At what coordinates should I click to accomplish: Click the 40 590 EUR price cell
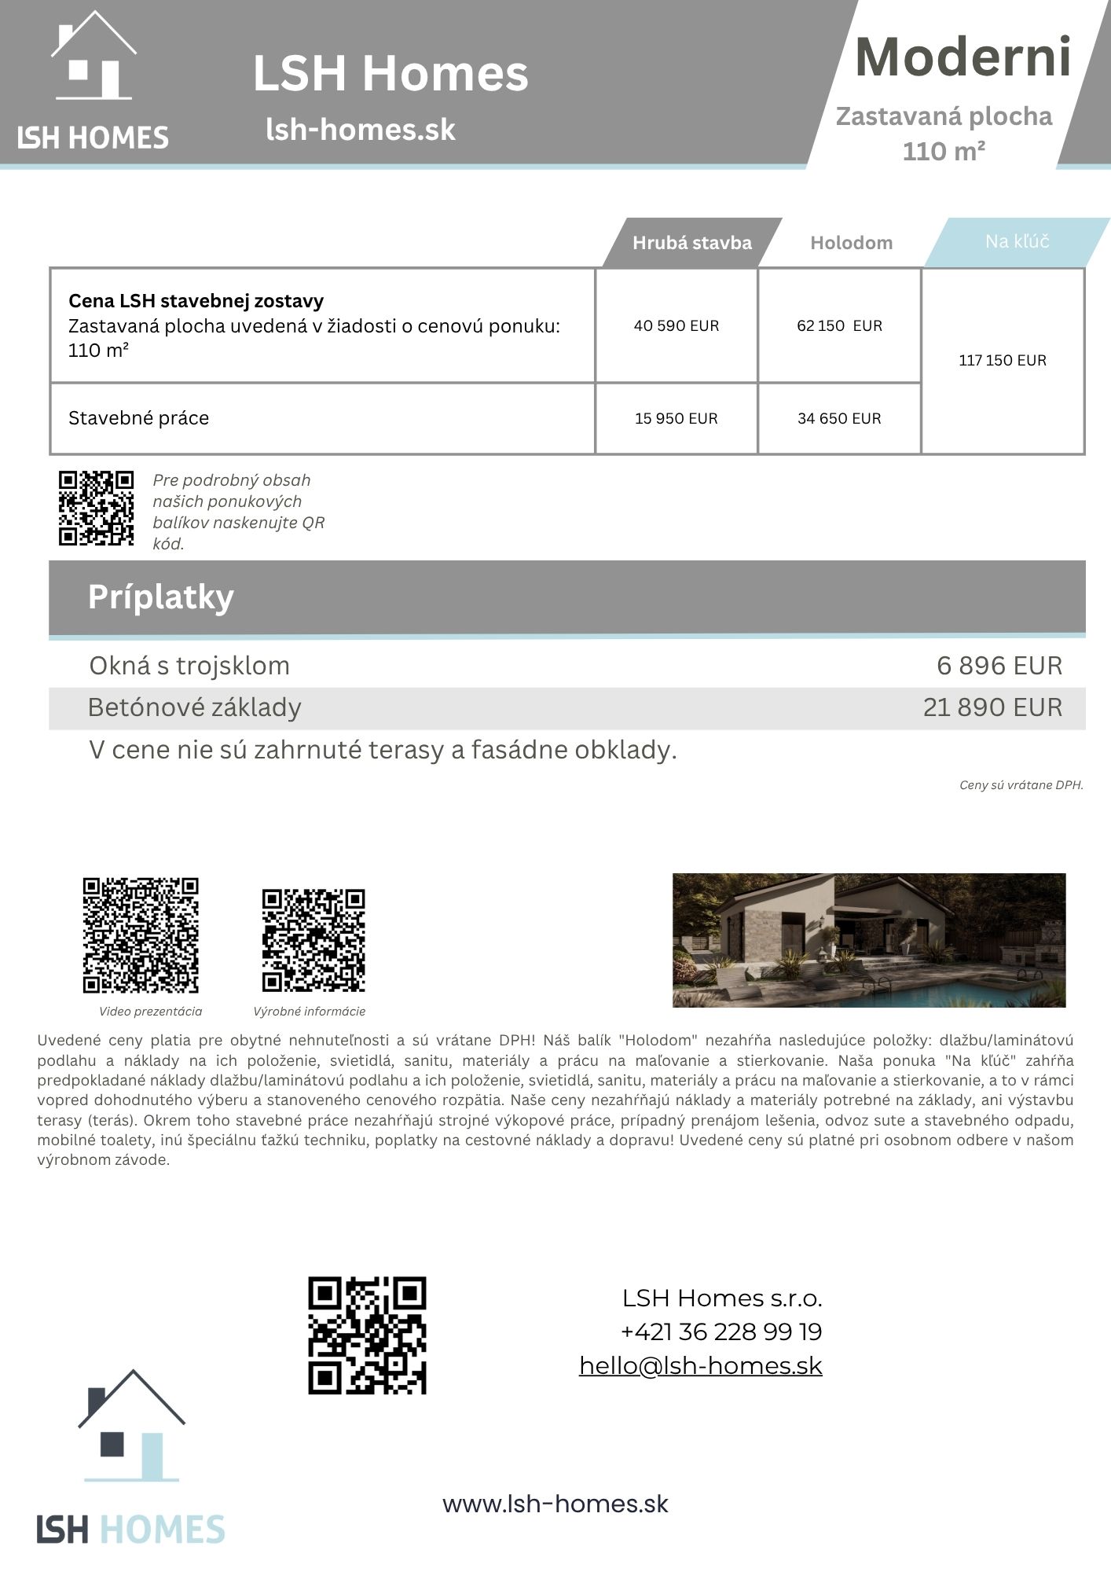pyautogui.click(x=676, y=325)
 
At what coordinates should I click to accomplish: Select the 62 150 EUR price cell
pyautogui.click(x=839, y=325)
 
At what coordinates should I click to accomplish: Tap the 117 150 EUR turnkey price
pyautogui.click(x=1003, y=360)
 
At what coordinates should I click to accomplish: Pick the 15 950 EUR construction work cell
pyautogui.click(x=676, y=418)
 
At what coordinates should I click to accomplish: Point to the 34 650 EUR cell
pyautogui.click(x=839, y=418)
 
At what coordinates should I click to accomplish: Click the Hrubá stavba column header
pyautogui.click(x=691, y=243)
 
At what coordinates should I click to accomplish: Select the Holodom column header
pyautogui.click(x=851, y=243)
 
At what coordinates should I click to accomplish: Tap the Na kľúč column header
pyautogui.click(x=1017, y=241)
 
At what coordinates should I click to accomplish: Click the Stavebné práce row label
pyautogui.click(x=139, y=418)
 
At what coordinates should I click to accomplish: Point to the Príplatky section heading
pyautogui.click(x=161, y=597)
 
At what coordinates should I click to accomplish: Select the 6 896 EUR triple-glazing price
pyautogui.click(x=999, y=666)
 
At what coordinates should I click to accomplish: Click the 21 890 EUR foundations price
pyautogui.click(x=992, y=707)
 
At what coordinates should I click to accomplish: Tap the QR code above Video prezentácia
pyautogui.click(x=141, y=935)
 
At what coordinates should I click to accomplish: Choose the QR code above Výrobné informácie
pyautogui.click(x=313, y=940)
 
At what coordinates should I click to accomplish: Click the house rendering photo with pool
pyautogui.click(x=868, y=940)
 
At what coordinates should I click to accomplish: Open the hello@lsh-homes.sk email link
pyautogui.click(x=700, y=1365)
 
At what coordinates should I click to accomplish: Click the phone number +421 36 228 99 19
pyautogui.click(x=720, y=1331)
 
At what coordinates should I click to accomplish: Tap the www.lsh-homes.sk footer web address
pyautogui.click(x=555, y=1504)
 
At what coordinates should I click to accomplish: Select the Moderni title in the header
pyautogui.click(x=962, y=57)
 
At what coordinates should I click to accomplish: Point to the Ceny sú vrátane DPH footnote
pyautogui.click(x=1021, y=785)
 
